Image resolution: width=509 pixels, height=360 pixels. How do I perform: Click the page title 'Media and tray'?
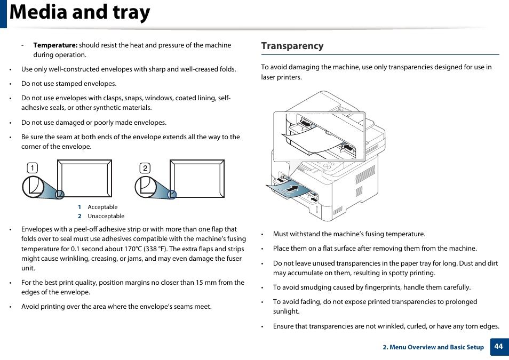[80, 13]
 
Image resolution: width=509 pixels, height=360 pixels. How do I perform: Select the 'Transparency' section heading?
[292, 46]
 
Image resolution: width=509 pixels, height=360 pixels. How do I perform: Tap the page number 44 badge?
[498, 346]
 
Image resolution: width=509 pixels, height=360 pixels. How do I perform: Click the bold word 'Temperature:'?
[55, 45]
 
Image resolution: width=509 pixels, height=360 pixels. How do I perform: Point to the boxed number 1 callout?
[32, 169]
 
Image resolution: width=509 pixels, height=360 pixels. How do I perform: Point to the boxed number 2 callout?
[145, 169]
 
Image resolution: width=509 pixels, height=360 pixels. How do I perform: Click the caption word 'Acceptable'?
[102, 207]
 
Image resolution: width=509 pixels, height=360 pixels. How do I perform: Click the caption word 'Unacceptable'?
[106, 216]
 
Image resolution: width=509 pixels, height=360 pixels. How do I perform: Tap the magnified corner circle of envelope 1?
[34, 187]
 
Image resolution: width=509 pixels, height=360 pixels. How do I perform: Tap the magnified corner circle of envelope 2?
[146, 187]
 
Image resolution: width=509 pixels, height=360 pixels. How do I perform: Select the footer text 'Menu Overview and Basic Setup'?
[436, 347]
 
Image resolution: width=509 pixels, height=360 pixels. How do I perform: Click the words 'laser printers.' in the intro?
[282, 77]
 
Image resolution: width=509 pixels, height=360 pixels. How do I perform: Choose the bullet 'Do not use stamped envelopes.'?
[69, 84]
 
